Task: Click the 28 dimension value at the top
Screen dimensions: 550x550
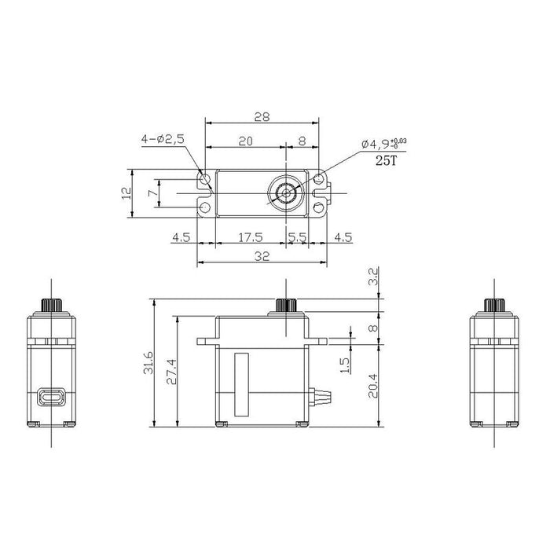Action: click(x=262, y=117)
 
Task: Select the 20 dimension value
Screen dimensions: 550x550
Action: click(x=245, y=141)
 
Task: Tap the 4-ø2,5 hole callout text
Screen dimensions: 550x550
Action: click(x=163, y=139)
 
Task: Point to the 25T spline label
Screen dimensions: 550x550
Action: click(x=387, y=160)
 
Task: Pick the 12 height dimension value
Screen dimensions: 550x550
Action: click(x=126, y=193)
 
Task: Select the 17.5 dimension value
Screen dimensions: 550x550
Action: click(x=251, y=237)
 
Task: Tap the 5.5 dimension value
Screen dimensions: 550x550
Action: click(x=298, y=237)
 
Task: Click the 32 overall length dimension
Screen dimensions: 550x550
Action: click(x=262, y=256)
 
